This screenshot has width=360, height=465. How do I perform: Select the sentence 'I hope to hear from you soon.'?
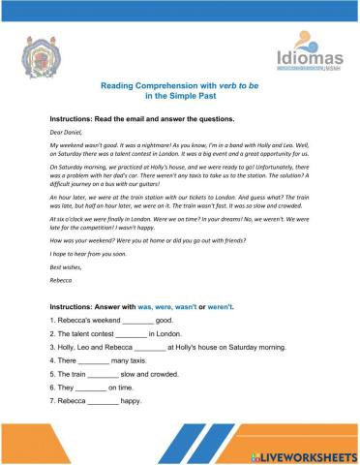(85, 252)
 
